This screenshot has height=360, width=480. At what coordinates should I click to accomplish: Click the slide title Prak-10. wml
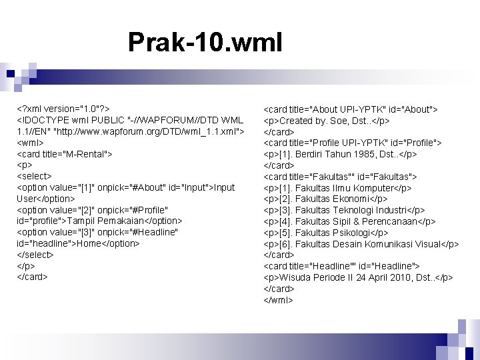pyautogui.click(x=205, y=43)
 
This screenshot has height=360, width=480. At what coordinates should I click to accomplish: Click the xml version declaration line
pyautogui.click(x=63, y=109)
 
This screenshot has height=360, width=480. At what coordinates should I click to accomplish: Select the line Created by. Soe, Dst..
pyautogui.click(x=335, y=121)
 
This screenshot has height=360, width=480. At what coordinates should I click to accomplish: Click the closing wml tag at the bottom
pyautogui.click(x=279, y=300)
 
